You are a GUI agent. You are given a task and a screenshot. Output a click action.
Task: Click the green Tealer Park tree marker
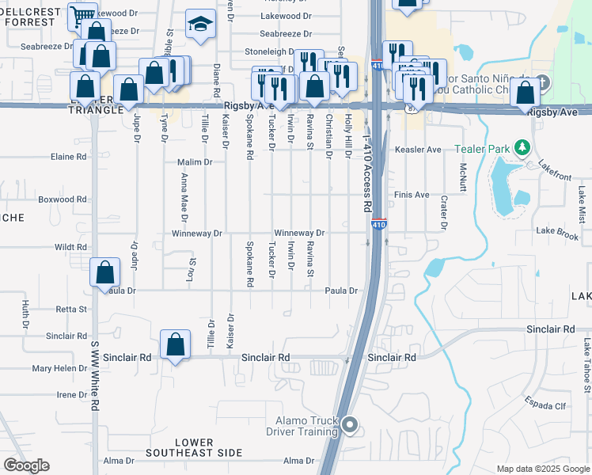point(522,148)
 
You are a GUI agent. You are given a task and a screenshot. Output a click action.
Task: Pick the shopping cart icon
point(82,16)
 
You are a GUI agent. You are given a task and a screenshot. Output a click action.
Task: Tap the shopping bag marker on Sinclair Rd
point(176,344)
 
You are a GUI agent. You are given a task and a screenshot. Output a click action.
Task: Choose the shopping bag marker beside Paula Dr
point(105,273)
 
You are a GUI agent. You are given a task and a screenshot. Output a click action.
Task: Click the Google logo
point(26,465)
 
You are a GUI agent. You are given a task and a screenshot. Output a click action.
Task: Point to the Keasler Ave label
point(417,149)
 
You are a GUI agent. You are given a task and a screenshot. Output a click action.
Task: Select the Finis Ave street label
point(412,195)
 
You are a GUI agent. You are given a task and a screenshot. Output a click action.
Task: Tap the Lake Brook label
point(557,231)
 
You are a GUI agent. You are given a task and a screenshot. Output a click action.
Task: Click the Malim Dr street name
point(197,162)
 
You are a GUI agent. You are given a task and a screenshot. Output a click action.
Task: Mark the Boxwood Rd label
point(63,199)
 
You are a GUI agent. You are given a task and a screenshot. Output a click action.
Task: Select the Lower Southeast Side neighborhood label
point(193,447)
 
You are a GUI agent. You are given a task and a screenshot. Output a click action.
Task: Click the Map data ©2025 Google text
point(542,469)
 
